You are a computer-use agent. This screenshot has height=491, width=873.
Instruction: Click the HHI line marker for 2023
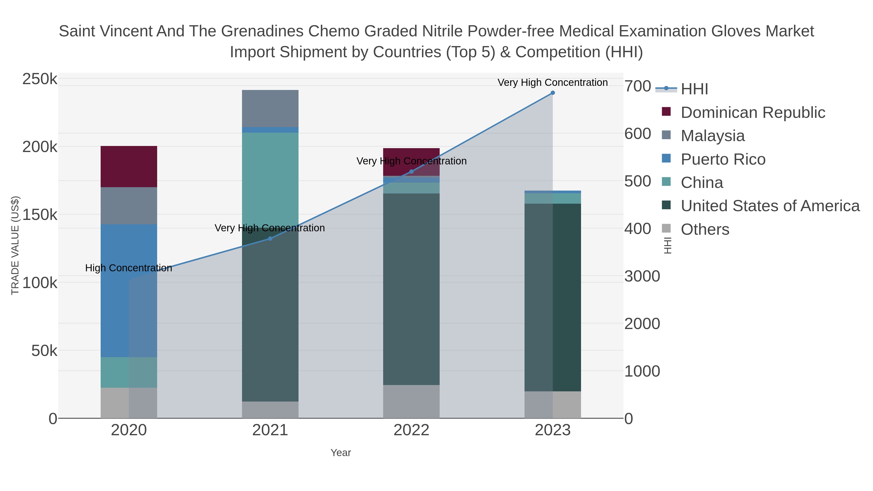(552, 93)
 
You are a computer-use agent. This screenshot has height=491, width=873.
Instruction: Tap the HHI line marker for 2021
(270, 239)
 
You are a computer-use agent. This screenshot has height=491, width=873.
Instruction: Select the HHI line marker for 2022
(412, 171)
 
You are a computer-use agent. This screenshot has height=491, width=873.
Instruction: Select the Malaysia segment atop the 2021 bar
(270, 108)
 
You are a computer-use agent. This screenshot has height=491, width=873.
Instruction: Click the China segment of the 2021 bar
(270, 176)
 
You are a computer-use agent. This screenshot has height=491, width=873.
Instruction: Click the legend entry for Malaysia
(712, 136)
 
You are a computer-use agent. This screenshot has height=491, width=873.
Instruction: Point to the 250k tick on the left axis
(40, 79)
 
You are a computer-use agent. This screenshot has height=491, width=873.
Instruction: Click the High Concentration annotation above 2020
(129, 268)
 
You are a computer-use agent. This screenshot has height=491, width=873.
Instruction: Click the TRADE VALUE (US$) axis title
(15, 245)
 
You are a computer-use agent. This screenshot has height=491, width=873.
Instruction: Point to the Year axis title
(341, 453)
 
